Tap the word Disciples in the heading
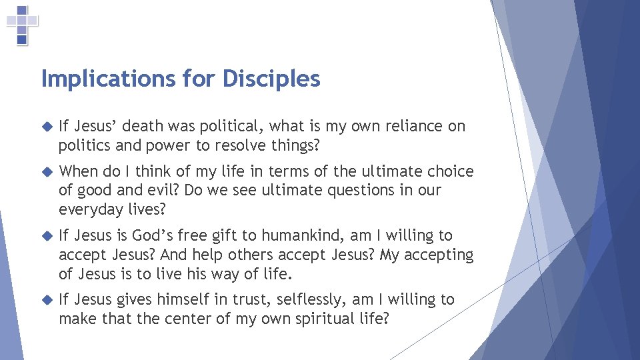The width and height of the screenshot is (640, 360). click(271, 79)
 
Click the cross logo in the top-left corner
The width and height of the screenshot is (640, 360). click(22, 25)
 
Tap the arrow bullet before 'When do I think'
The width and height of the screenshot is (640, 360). click(46, 171)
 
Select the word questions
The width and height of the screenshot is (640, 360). click(354, 190)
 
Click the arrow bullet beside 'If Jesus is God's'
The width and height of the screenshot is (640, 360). click(46, 235)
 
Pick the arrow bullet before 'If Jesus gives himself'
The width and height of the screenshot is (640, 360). click(46, 299)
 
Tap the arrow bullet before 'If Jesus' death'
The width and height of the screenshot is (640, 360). click(46, 126)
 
